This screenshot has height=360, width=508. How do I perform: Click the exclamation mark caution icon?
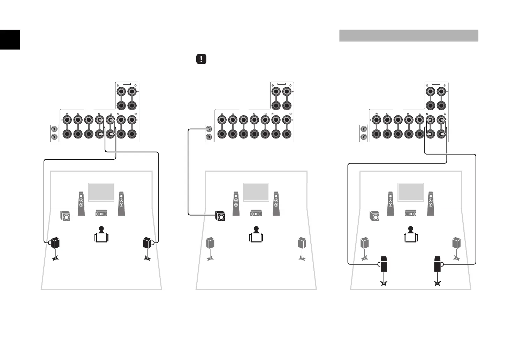point(201,59)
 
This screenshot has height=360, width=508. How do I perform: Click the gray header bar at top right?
point(408,36)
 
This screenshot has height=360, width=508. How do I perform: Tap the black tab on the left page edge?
point(10,39)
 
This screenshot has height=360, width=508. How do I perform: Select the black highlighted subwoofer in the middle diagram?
point(220,216)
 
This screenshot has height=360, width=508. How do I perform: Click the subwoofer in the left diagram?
point(65,216)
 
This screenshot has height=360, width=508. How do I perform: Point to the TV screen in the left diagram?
point(101,192)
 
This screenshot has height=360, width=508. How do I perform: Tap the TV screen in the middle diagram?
point(256,192)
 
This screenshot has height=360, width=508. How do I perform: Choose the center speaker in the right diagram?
point(411,213)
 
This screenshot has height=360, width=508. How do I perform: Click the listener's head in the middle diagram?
point(256,229)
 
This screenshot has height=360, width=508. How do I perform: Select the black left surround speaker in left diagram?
point(56,242)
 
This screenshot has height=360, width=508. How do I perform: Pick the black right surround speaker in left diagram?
point(147,242)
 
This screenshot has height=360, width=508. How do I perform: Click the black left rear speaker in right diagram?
point(384,264)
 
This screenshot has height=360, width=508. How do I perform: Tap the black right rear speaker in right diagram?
point(438,264)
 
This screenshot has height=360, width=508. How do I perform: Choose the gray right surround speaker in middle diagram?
point(302,243)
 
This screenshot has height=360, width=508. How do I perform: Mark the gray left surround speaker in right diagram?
point(364,243)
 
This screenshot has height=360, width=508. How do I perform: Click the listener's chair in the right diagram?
point(411,238)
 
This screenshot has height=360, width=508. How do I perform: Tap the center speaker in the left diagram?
point(101,213)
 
